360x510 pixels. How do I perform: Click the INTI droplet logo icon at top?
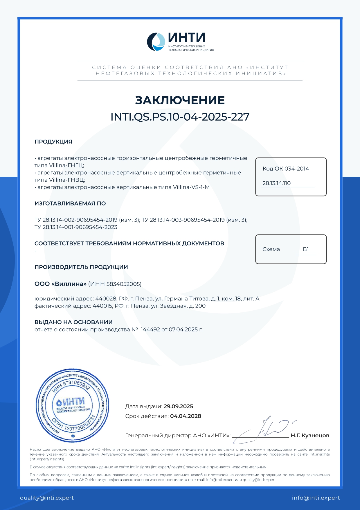click(x=156, y=42)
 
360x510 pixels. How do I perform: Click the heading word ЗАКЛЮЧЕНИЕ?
click(x=180, y=100)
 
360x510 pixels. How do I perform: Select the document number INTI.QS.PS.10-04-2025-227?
click(x=180, y=117)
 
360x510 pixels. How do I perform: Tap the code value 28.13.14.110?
click(x=276, y=183)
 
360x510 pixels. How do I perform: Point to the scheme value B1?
click(x=306, y=249)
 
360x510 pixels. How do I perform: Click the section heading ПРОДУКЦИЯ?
click(x=53, y=142)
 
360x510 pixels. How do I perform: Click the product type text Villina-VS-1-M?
click(x=191, y=187)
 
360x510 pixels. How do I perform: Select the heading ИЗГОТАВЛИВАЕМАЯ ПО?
click(x=70, y=203)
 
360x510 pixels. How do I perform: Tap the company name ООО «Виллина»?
click(x=60, y=284)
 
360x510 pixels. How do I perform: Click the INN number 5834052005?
click(x=124, y=284)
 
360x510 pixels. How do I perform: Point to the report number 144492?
click(x=150, y=330)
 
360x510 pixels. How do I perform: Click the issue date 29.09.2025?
click(x=178, y=407)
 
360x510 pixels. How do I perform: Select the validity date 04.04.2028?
click(x=186, y=416)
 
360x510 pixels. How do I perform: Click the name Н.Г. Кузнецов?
click(x=310, y=435)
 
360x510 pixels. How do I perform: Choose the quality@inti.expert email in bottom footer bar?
click(x=47, y=498)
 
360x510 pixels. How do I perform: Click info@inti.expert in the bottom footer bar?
click(x=316, y=498)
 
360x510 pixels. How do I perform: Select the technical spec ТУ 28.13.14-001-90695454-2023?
click(x=76, y=227)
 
